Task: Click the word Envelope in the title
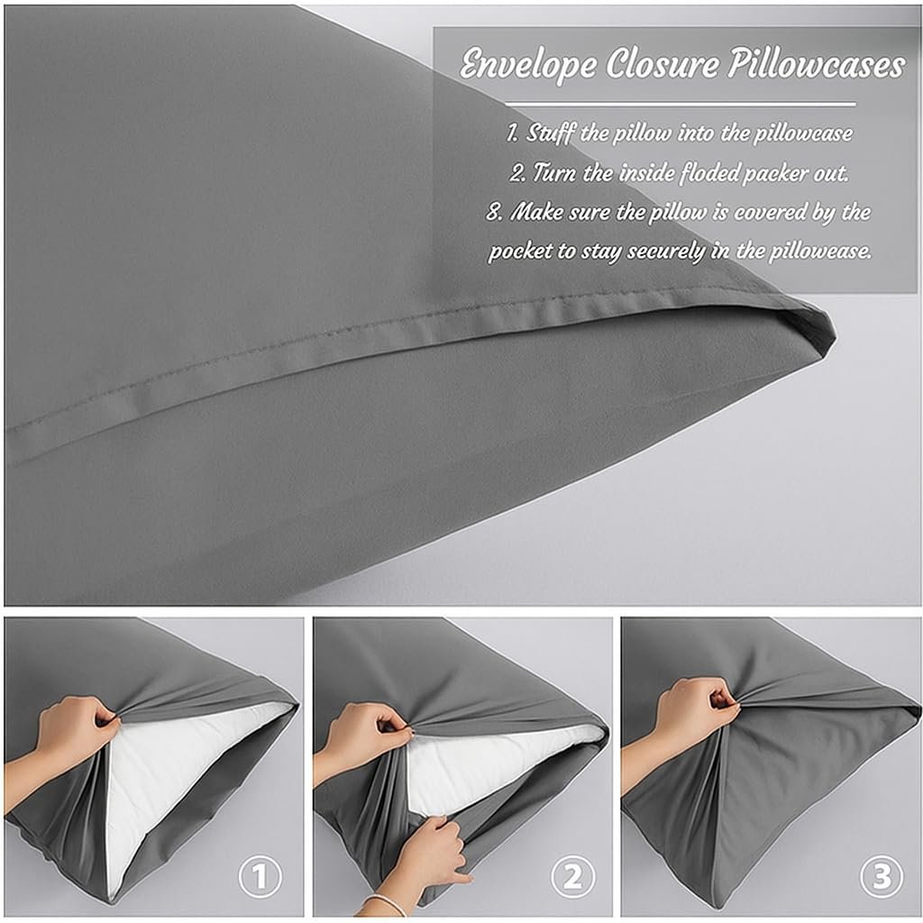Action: (x=528, y=63)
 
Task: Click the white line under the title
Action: (x=680, y=105)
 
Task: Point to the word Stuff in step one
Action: (x=551, y=133)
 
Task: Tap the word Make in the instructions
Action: (x=536, y=211)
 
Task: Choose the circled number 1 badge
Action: (x=260, y=876)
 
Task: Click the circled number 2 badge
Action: (x=572, y=876)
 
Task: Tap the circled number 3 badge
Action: (x=882, y=876)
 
